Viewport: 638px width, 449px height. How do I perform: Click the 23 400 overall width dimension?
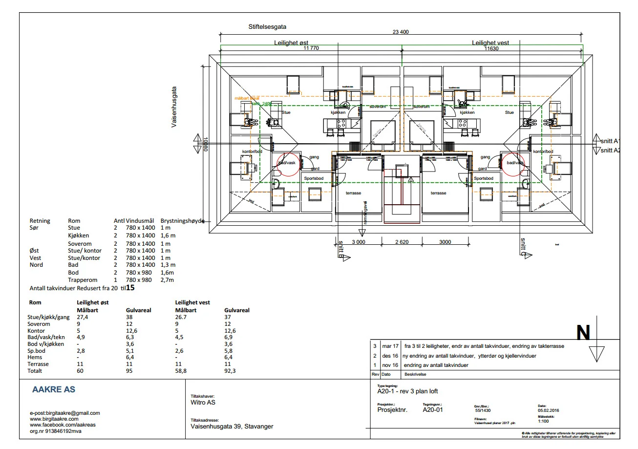coord(401,32)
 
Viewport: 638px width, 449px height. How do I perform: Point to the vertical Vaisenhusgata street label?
coord(174,107)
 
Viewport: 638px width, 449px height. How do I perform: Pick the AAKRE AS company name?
coord(54,390)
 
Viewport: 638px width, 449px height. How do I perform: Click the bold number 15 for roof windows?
coord(130,288)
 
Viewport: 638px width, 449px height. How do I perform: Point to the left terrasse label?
coord(353,193)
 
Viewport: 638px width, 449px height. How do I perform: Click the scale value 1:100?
coord(544,421)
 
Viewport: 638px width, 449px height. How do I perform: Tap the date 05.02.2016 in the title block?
coord(548,410)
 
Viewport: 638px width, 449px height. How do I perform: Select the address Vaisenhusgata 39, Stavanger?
coord(232,426)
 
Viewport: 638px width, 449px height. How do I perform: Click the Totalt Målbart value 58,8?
coord(182,371)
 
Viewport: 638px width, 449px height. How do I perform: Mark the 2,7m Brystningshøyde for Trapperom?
coord(168,280)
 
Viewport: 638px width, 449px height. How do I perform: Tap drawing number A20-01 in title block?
coord(433,410)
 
